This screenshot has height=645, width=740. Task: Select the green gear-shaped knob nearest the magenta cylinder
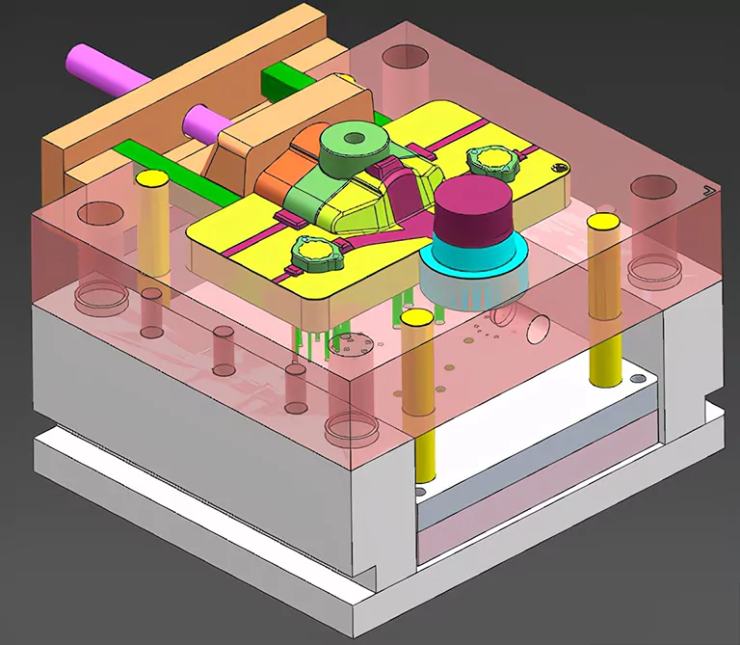click(491, 159)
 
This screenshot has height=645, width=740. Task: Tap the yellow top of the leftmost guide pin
click(150, 178)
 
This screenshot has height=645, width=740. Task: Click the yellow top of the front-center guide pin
click(416, 318)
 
